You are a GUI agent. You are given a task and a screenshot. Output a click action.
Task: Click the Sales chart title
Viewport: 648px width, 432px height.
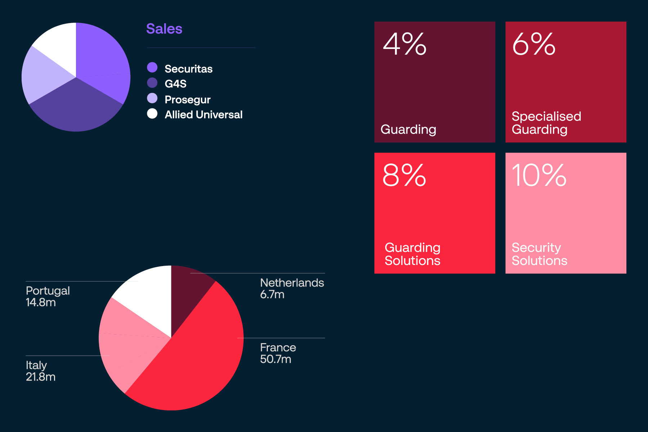pos(164,29)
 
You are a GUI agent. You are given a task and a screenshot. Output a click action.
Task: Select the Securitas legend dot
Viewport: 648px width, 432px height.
pos(152,67)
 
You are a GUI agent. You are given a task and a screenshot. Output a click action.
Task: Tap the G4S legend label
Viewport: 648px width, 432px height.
pos(175,84)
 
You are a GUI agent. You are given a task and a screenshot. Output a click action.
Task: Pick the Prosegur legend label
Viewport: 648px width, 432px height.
pos(187,99)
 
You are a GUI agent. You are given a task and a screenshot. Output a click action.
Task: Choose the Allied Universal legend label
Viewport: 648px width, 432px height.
pos(203,114)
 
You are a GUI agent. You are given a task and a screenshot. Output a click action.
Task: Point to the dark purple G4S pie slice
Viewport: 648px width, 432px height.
pos(76,108)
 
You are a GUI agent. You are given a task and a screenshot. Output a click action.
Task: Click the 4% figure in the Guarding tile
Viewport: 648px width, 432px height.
pos(405,44)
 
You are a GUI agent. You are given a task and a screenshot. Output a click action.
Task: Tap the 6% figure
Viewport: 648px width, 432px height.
pos(534,44)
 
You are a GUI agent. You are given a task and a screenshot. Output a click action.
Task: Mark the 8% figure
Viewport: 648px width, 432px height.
pos(404,175)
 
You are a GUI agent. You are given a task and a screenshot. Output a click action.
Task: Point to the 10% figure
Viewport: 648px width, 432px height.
pos(539,175)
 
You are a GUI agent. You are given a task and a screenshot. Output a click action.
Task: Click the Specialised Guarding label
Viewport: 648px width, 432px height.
pos(546,123)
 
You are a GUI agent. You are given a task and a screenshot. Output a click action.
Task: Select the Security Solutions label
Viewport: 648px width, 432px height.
pos(539,254)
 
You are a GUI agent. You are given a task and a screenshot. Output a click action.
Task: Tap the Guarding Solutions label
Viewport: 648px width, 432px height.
pos(412,254)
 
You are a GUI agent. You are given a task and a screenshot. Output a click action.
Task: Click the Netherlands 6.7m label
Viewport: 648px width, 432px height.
pos(292,288)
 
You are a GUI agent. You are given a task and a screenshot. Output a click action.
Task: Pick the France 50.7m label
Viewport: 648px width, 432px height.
pos(278,353)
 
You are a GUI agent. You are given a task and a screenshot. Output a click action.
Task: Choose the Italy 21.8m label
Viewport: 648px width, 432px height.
pos(40,371)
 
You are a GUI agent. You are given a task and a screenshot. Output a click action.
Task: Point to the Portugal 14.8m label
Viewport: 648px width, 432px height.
pos(48,296)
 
